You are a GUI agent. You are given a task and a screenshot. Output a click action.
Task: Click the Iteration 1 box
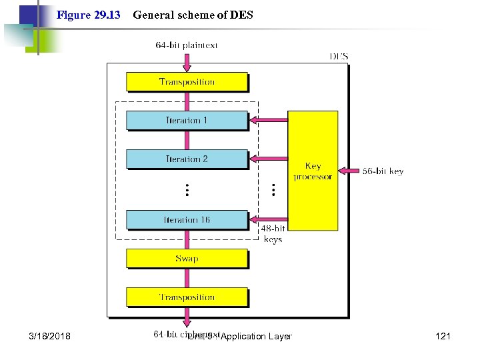[x=187, y=121]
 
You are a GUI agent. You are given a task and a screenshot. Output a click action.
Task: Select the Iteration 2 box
[x=187, y=159]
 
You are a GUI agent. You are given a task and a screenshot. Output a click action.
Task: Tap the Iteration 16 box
[x=187, y=219]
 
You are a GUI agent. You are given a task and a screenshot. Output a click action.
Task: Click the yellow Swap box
[x=187, y=259]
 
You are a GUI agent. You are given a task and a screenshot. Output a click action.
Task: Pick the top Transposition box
[x=187, y=82]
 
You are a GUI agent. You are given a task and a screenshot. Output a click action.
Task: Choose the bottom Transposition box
[x=187, y=297]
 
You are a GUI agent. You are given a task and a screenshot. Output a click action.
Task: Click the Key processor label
[x=313, y=171]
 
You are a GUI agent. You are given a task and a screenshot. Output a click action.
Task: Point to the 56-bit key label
[x=383, y=171]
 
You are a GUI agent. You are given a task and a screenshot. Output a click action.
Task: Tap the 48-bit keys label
[x=273, y=234]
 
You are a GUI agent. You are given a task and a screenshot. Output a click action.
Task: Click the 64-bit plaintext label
[x=187, y=45]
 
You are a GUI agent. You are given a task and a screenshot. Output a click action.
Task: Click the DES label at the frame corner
[x=339, y=57]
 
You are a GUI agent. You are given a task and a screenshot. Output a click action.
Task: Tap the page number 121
[x=443, y=336]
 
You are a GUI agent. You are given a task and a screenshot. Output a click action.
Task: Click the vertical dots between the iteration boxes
[x=187, y=190]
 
